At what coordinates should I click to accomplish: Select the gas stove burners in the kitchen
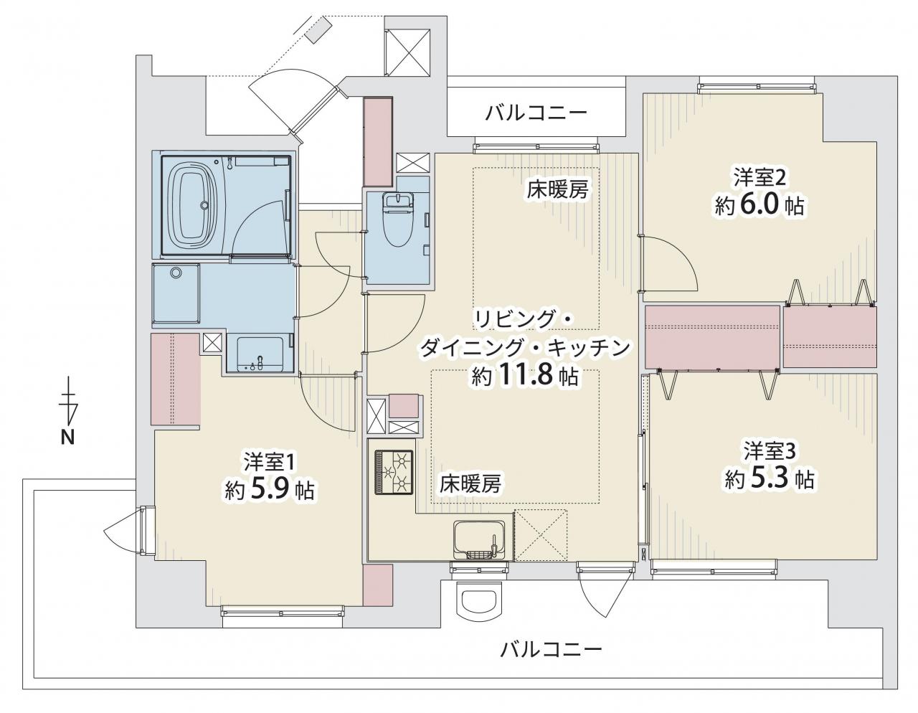coord(393,472)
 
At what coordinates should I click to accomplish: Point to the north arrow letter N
coord(67,438)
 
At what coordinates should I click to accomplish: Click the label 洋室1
coord(269,463)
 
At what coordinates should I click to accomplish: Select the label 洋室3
coord(770,450)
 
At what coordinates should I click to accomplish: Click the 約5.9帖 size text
coord(269,491)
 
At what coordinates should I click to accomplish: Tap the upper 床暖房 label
coord(557,189)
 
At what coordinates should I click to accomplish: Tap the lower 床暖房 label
coord(470,484)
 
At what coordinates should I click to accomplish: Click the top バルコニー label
coord(536,113)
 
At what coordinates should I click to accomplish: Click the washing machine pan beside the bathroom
coord(176,295)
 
